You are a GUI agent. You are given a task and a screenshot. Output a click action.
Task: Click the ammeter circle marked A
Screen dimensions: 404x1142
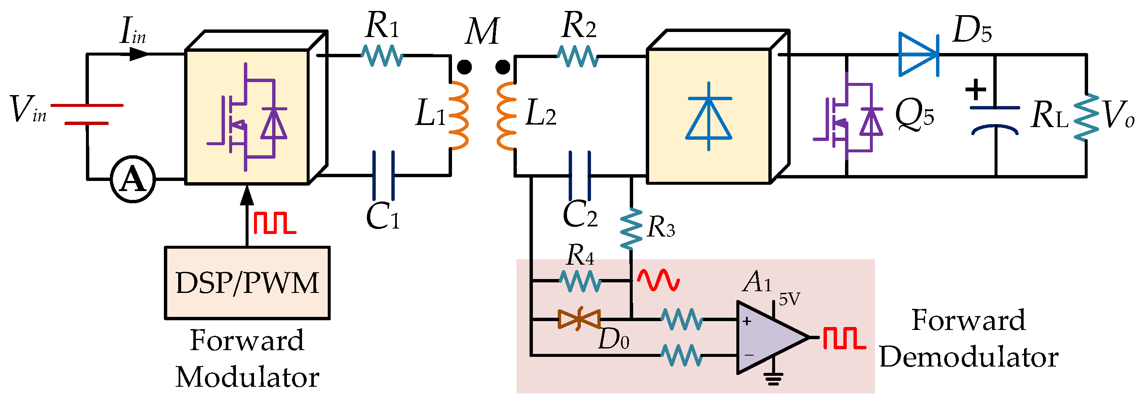133,179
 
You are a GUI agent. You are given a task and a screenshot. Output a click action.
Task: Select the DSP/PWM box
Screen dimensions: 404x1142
247,283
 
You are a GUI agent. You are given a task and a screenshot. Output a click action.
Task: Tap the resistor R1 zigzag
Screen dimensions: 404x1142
382,56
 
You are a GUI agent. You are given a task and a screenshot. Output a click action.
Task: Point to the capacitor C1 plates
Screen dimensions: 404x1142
383,175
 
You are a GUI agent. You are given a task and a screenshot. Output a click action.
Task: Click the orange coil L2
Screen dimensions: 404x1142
506,116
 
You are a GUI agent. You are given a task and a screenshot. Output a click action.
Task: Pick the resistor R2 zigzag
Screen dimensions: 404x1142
578,56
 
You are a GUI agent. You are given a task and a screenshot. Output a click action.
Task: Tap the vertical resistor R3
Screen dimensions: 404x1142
631,229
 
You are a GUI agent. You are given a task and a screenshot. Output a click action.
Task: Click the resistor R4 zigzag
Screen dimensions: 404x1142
580,281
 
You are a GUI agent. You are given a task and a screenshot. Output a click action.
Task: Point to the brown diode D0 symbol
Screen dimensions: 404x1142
579,319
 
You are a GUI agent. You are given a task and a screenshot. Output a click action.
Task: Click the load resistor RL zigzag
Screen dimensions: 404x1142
1086,117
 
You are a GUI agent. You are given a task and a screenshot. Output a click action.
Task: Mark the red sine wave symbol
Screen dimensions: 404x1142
658,280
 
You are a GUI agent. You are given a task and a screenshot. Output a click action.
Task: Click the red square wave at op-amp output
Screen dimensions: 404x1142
844,338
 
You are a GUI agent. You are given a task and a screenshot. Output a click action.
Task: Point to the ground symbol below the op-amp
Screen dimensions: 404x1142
773,379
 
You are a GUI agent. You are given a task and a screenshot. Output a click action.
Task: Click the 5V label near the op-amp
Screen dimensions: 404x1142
789,300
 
